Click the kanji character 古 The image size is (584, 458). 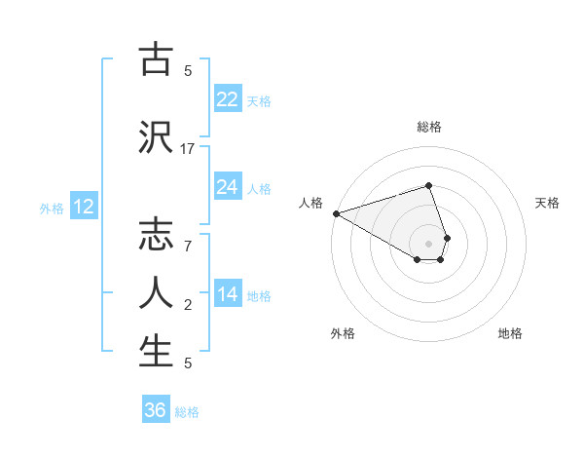pyautogui.click(x=156, y=60)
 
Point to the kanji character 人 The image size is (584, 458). pyautogui.click(x=156, y=292)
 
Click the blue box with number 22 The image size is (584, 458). pyautogui.click(x=228, y=99)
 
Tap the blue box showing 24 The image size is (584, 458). pyautogui.click(x=228, y=187)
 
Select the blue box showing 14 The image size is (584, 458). pyautogui.click(x=228, y=295)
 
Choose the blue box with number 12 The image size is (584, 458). pyautogui.click(x=84, y=207)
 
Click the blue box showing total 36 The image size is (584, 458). pyautogui.click(x=156, y=410)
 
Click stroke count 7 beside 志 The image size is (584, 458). pyautogui.click(x=188, y=246)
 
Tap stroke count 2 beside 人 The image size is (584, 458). pyautogui.click(x=188, y=305)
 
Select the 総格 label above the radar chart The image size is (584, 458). pyautogui.click(x=428, y=127)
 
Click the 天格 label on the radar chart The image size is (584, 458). pyautogui.click(x=548, y=203)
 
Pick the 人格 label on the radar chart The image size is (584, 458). pyautogui.click(x=310, y=203)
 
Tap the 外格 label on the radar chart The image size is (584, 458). pyautogui.click(x=343, y=333)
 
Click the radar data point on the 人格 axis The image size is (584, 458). pyautogui.click(x=336, y=213)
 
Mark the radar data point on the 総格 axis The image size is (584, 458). pyautogui.click(x=428, y=185)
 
